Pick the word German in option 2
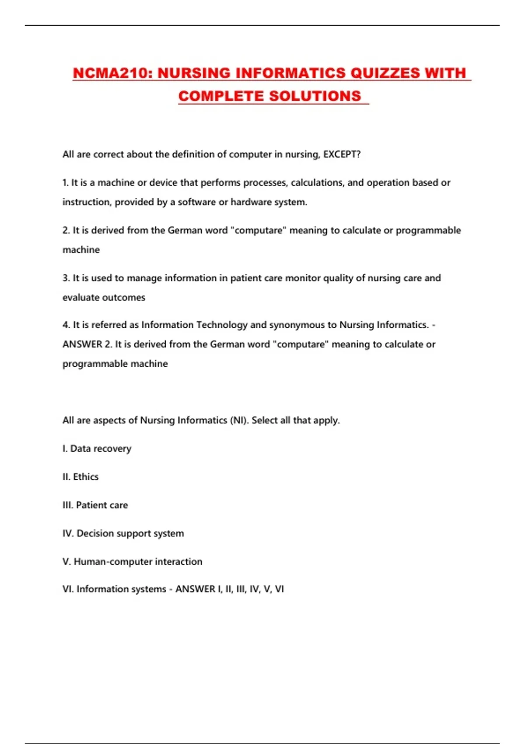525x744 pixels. click(x=184, y=231)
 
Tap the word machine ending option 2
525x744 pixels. click(x=81, y=250)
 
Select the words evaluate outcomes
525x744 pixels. click(x=104, y=298)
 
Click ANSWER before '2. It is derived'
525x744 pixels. click(x=82, y=344)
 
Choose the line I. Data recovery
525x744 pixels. click(x=97, y=449)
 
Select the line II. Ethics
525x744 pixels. click(x=80, y=477)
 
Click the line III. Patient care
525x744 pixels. click(x=95, y=505)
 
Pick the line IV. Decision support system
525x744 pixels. click(x=123, y=533)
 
